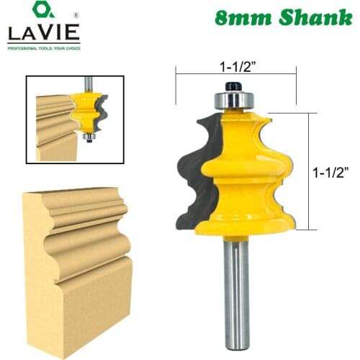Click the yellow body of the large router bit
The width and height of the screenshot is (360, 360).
[x=241, y=180]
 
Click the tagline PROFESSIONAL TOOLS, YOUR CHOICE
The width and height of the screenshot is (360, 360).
[x=44, y=48]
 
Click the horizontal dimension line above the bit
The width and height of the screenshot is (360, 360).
[x=236, y=72]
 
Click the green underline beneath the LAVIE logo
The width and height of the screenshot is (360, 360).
[x=44, y=43]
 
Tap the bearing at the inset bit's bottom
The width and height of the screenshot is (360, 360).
[x=89, y=136]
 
